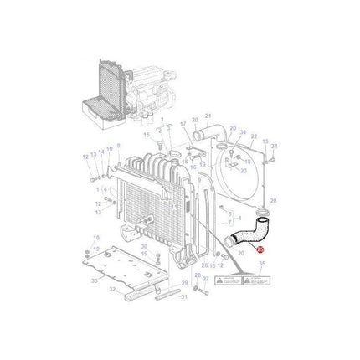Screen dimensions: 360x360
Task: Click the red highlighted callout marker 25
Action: pos(260,249)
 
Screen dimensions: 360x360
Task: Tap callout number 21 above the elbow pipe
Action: pos(208,116)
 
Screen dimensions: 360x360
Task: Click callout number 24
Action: pos(274,147)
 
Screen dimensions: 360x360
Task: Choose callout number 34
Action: pos(244,132)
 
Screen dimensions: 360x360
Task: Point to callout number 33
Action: pos(94,280)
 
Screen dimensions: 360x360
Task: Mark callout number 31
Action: pos(185,297)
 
